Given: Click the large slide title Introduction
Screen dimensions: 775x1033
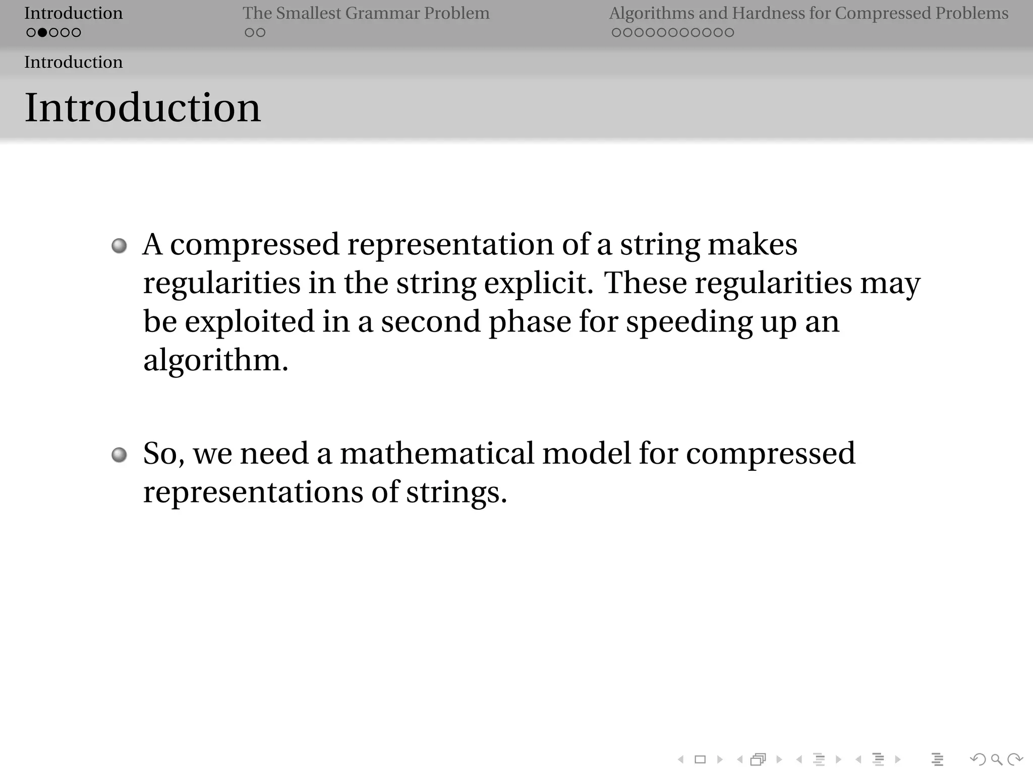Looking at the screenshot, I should tap(143, 107).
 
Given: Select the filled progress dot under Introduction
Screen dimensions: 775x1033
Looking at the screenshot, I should tap(42, 33).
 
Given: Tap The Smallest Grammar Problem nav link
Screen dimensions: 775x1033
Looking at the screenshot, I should tap(366, 13).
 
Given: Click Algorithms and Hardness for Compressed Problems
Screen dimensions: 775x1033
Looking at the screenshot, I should tap(809, 13).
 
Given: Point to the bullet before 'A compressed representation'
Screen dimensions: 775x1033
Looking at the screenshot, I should tap(119, 246).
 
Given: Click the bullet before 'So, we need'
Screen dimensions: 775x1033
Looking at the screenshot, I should tap(119, 455).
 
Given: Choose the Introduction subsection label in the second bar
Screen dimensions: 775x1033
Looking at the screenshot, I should tap(74, 62).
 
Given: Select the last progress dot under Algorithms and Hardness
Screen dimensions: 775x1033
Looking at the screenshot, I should tap(729, 33).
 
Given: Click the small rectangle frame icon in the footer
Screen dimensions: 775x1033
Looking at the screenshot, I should tap(700, 759).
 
